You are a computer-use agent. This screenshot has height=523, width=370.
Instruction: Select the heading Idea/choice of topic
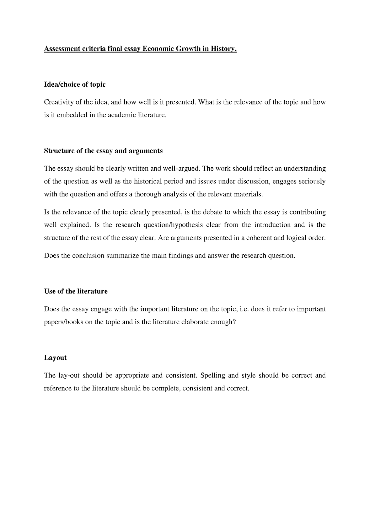(75, 84)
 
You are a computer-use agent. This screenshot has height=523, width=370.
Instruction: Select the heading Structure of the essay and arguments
(103, 151)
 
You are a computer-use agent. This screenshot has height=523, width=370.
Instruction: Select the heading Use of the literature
(76, 291)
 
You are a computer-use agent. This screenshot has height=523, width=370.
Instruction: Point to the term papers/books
(63, 322)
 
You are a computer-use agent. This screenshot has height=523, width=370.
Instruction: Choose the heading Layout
(55, 358)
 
